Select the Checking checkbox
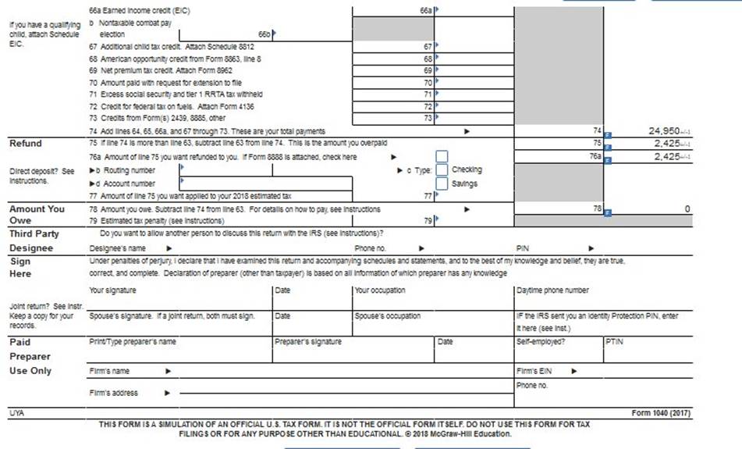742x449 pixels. click(x=442, y=169)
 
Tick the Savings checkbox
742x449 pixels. click(x=442, y=184)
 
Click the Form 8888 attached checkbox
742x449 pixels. click(x=442, y=156)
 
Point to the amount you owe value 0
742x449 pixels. click(x=687, y=209)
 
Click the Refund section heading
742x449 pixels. click(x=26, y=144)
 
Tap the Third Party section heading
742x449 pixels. click(x=34, y=233)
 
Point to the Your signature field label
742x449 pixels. click(x=112, y=290)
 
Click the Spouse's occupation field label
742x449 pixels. click(x=387, y=316)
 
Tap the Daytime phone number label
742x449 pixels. click(x=552, y=290)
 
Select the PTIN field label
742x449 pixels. click(x=614, y=341)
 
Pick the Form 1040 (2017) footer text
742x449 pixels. click(x=661, y=412)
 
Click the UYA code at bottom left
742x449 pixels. click(x=16, y=412)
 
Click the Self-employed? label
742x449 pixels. click(x=541, y=341)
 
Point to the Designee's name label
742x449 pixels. click(x=118, y=248)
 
